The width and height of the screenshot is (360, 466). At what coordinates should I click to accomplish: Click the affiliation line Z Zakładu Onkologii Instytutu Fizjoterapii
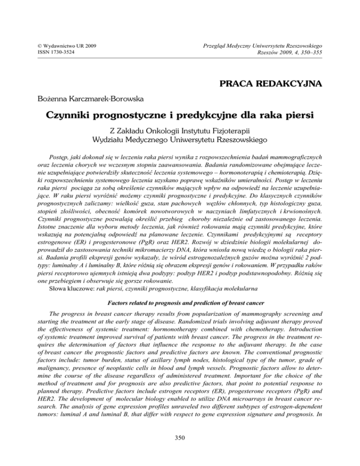[180, 131]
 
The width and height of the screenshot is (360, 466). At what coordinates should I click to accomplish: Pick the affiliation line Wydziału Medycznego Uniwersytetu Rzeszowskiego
[180, 141]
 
